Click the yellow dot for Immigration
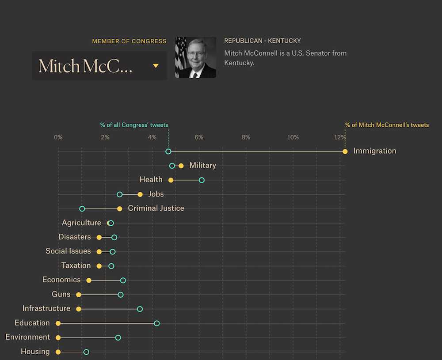pyautogui.click(x=345, y=152)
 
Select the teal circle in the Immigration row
pyautogui.click(x=168, y=152)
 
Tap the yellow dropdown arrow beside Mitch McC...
pyautogui.click(x=156, y=66)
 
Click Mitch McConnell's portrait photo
pyautogui.click(x=195, y=57)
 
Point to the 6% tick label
pyautogui.click(x=199, y=137)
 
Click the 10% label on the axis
pyautogui.click(x=293, y=137)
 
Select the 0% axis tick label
pyautogui.click(x=58, y=137)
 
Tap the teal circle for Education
pyautogui.click(x=156, y=323)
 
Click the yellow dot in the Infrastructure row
pyautogui.click(x=79, y=309)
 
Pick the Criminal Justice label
pyautogui.click(x=156, y=208)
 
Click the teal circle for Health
pyautogui.click(x=202, y=180)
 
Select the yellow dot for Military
pyautogui.click(x=181, y=166)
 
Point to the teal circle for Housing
pyautogui.click(x=86, y=352)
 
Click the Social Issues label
pyautogui.click(x=68, y=251)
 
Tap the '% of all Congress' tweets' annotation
pyautogui.click(x=134, y=125)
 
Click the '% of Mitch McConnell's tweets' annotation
pyautogui.click(x=387, y=125)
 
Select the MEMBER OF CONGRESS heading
pyautogui.click(x=129, y=41)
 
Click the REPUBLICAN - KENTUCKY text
pyautogui.click(x=263, y=41)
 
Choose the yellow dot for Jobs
pyautogui.click(x=140, y=194)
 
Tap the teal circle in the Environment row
pyautogui.click(x=118, y=337)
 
